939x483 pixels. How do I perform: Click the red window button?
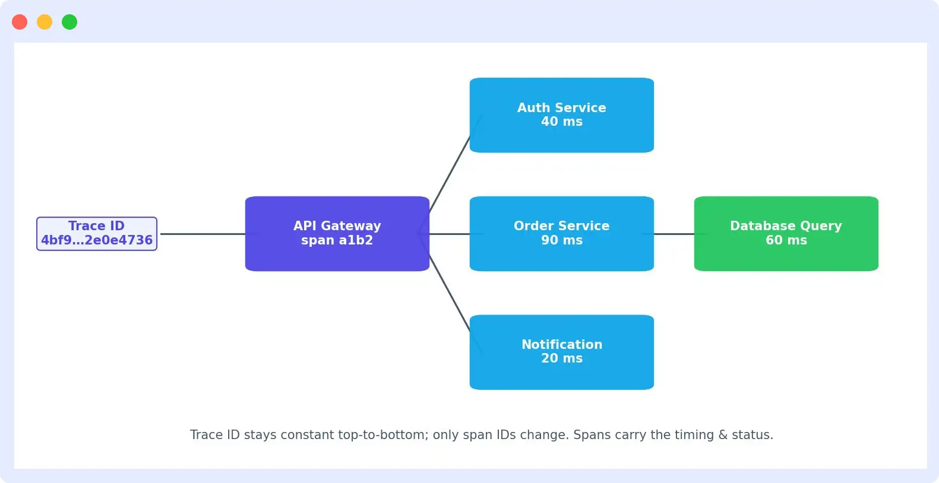tap(20, 22)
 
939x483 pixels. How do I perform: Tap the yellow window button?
tap(45, 22)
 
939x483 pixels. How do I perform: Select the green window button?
tap(69, 22)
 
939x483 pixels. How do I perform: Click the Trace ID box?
tap(97, 234)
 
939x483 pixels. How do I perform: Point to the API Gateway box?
tap(337, 234)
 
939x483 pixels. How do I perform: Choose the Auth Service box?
tap(562, 115)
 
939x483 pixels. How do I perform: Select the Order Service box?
tap(562, 234)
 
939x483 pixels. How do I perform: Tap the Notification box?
tap(562, 352)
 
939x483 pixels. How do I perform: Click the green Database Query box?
tap(786, 234)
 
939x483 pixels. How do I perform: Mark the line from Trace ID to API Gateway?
tap(203, 234)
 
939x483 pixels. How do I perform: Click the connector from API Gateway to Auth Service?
tap(450, 174)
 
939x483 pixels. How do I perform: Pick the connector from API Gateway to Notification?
tap(450, 293)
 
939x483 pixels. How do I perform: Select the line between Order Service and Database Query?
tap(674, 234)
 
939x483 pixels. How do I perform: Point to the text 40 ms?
tap(562, 122)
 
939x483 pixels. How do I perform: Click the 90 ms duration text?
tap(562, 240)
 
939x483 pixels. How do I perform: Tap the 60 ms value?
tap(786, 240)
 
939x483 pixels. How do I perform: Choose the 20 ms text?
tap(562, 358)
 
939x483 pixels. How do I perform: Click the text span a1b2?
tap(337, 240)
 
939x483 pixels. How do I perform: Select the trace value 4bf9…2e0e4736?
tap(97, 240)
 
